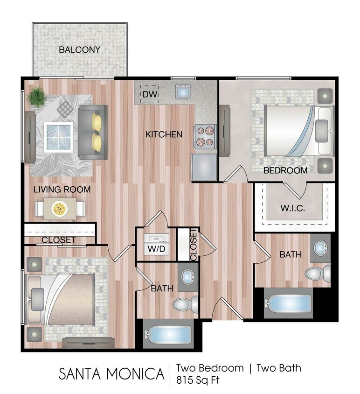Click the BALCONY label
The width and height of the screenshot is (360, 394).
[79, 49]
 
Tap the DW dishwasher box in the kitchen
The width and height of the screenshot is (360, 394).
[150, 95]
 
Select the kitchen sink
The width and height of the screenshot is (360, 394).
[183, 91]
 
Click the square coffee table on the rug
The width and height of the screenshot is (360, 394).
[58, 137]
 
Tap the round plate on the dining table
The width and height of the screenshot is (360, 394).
[59, 208]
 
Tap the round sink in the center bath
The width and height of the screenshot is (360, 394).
[188, 277]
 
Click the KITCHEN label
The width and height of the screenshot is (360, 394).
[164, 134]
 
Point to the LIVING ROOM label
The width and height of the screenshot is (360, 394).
[62, 190]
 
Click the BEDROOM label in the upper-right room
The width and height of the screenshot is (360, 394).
[285, 170]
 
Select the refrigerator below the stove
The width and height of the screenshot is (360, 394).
[204, 167]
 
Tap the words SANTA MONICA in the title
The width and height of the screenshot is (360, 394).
[111, 374]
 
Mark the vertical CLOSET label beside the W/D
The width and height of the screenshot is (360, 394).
[194, 245]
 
